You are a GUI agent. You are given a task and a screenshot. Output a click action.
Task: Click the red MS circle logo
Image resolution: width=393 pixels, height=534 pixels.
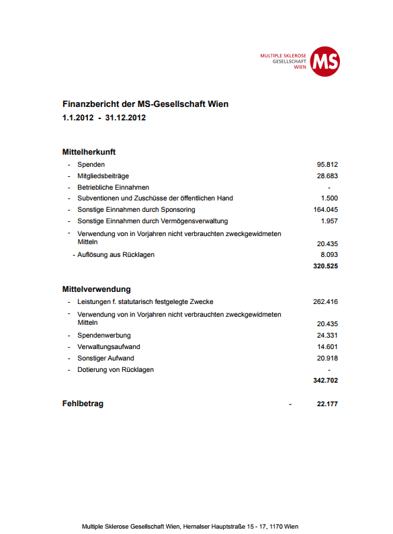click(x=324, y=61)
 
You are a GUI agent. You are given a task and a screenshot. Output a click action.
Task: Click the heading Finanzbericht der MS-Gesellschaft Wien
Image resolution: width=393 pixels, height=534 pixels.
click(x=145, y=104)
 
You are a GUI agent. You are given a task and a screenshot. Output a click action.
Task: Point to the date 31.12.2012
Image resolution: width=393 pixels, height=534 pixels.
click(x=126, y=118)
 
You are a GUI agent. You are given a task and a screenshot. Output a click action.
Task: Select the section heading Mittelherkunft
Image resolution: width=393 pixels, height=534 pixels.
click(x=89, y=152)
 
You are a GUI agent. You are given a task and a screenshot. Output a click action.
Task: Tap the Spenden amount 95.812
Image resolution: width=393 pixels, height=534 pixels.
click(x=327, y=165)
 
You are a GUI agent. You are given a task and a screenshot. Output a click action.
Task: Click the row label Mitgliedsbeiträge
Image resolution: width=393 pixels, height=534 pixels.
click(x=103, y=176)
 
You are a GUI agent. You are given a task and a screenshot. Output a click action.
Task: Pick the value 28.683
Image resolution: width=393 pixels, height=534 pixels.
click(x=327, y=176)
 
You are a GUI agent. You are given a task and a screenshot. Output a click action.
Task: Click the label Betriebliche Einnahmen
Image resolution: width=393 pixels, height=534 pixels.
click(x=113, y=187)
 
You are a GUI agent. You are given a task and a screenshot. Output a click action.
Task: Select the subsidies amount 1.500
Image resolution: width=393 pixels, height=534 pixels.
click(x=329, y=198)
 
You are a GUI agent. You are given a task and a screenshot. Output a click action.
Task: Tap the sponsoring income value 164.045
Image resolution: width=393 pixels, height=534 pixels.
click(x=326, y=210)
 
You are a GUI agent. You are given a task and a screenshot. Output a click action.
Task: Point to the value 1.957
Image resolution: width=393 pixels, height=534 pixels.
click(x=329, y=221)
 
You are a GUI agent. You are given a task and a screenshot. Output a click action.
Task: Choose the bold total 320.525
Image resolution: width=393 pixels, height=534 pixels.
click(x=326, y=266)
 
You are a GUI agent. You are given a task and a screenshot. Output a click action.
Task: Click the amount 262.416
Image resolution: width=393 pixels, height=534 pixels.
click(x=326, y=302)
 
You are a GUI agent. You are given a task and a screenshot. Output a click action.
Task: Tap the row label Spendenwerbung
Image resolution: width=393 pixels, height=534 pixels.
click(x=104, y=336)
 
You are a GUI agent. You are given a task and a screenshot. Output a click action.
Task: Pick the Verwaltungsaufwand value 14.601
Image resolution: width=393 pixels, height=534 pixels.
click(x=327, y=347)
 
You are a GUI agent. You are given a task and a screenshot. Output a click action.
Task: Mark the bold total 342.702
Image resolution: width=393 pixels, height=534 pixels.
click(x=326, y=381)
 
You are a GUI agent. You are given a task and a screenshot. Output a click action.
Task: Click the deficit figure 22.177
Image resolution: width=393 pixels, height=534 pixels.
click(x=327, y=404)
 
